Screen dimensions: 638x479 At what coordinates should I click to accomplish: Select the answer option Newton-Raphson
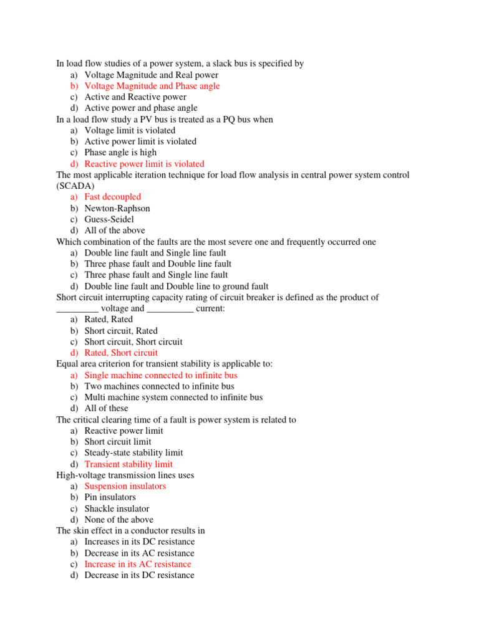(117, 208)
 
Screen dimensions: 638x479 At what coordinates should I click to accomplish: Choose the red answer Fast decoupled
(113, 197)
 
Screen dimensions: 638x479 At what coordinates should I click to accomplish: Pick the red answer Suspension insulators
(125, 486)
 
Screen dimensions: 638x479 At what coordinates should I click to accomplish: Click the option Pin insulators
(110, 497)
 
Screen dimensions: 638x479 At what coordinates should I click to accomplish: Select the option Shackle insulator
(117, 508)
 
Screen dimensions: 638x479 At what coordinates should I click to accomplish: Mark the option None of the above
(119, 520)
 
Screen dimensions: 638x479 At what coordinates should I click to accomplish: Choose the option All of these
(106, 408)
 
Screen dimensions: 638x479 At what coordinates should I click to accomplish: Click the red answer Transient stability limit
(128, 464)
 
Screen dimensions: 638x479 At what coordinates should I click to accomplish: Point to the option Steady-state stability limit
(133, 453)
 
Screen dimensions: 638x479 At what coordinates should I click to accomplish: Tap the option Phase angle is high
(120, 153)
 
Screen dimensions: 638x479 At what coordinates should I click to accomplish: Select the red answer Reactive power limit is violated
(144, 164)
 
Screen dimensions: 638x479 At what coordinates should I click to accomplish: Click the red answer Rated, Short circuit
(121, 353)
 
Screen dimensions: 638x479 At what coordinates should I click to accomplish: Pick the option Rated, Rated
(109, 319)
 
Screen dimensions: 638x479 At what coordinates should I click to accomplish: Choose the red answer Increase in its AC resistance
(138, 564)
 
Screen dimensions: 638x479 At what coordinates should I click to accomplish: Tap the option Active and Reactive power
(135, 97)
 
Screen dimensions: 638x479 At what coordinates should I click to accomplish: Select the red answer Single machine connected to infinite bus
(161, 375)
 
